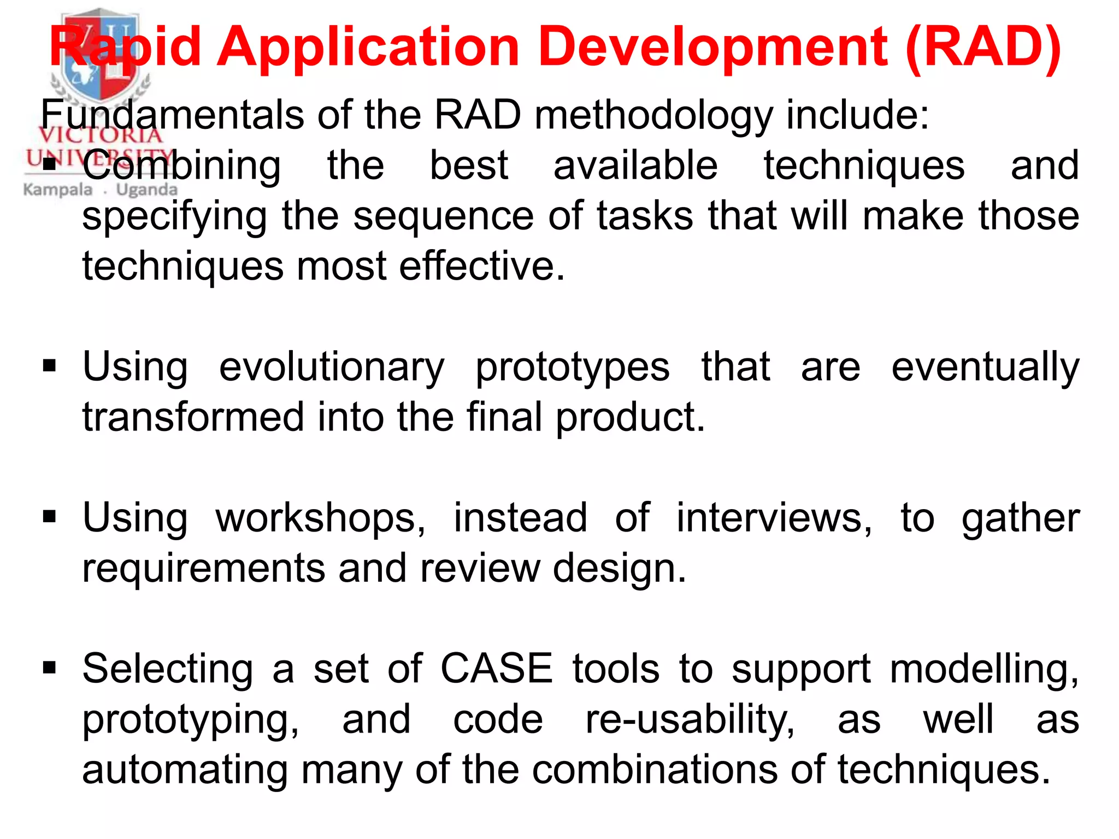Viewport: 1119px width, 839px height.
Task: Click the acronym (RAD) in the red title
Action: click(982, 48)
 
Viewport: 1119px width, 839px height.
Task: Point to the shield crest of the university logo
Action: click(101, 55)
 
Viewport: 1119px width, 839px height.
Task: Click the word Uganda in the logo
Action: click(146, 190)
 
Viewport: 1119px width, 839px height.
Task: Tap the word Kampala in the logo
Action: click(58, 190)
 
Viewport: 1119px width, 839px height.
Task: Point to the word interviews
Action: click(774, 518)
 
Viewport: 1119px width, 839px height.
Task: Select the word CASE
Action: click(497, 669)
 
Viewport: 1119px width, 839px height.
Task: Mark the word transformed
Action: click(192, 417)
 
